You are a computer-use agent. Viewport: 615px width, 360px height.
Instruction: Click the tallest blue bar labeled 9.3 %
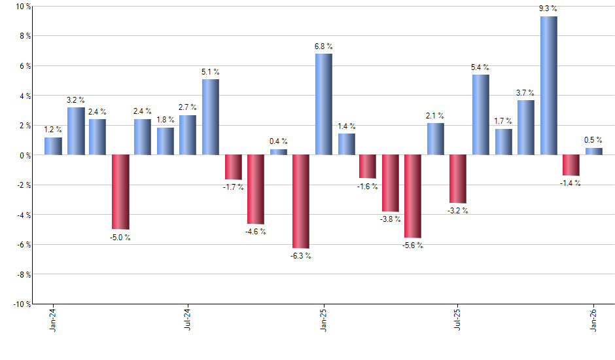(x=548, y=86)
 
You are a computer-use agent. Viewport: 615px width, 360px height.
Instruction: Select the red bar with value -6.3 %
(x=301, y=202)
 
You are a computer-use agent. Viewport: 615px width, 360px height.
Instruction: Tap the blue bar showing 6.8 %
(x=323, y=104)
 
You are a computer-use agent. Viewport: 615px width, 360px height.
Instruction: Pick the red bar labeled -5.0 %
(x=120, y=192)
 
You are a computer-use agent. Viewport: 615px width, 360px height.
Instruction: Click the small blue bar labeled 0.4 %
(x=279, y=152)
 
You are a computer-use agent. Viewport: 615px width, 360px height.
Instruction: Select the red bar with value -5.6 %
(x=413, y=196)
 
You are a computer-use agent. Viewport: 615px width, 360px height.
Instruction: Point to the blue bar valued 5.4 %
(x=481, y=115)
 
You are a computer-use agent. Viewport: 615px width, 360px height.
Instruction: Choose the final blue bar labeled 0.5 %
(x=593, y=151)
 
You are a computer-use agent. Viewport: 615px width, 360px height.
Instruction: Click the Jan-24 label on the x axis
(x=53, y=319)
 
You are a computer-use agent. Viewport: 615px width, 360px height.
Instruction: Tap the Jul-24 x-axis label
(x=188, y=319)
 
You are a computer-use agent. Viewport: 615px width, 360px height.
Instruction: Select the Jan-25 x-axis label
(x=323, y=319)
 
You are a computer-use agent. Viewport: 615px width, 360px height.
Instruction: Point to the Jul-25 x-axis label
(x=458, y=319)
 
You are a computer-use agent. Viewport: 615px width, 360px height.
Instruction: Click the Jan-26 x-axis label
(x=593, y=319)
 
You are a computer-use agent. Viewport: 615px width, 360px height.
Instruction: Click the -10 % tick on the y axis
(x=22, y=304)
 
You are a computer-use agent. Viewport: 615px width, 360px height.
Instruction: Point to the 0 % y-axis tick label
(x=25, y=155)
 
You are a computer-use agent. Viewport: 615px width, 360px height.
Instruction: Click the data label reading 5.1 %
(x=211, y=73)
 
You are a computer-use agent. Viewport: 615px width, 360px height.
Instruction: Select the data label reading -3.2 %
(x=458, y=211)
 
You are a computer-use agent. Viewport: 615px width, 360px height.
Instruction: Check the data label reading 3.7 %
(x=526, y=94)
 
